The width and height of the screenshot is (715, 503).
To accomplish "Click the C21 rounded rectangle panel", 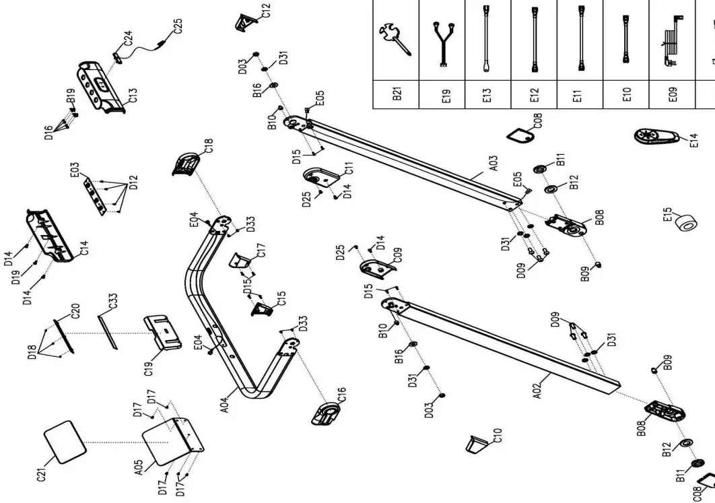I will point(65,441).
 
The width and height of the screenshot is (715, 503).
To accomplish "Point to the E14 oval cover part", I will point(654,137).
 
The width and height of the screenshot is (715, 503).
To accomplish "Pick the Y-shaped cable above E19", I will point(444,40).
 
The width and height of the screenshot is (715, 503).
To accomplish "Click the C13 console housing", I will point(102,86).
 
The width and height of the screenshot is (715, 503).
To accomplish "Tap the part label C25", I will point(177,27).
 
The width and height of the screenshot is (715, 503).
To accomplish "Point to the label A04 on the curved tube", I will point(225,403).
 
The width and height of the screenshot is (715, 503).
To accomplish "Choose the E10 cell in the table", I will point(626,96).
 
